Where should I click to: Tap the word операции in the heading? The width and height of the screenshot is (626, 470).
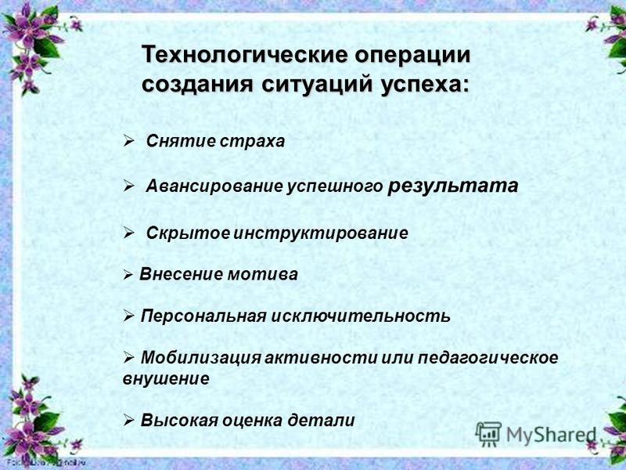[413, 56]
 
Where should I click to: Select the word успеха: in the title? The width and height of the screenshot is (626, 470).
[425, 85]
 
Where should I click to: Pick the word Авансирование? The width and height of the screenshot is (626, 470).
[214, 186]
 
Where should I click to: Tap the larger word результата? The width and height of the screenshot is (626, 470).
[453, 186]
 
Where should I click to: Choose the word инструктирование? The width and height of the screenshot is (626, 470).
[321, 233]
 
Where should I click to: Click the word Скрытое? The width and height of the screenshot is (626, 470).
[188, 233]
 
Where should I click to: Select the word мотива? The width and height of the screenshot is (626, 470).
[262, 274]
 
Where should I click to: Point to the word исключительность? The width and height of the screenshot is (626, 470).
[361, 316]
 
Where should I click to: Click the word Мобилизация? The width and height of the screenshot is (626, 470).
[201, 357]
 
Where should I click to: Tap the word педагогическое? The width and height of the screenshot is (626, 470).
[487, 358]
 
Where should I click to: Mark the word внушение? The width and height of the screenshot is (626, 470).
[166, 378]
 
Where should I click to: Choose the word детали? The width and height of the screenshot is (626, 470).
[322, 420]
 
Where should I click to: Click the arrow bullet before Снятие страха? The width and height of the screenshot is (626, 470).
[129, 141]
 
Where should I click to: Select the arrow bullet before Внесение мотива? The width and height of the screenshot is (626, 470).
[128, 275]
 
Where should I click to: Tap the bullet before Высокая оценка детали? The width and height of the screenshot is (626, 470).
[129, 420]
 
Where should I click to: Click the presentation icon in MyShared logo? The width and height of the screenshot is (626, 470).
[488, 434]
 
